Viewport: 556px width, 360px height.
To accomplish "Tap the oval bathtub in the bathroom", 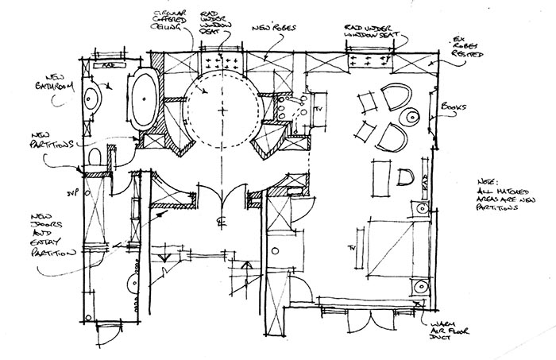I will (144, 101).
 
